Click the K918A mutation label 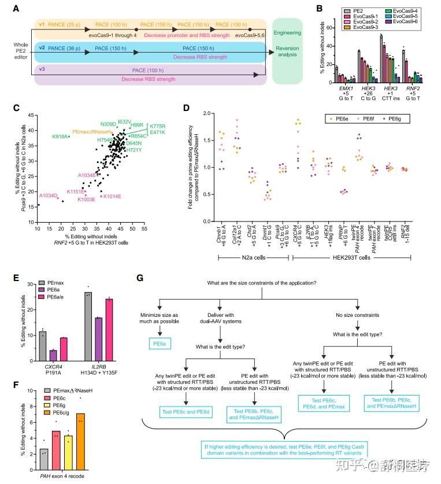pos(60,136)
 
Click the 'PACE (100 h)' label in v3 pos(151,70)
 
